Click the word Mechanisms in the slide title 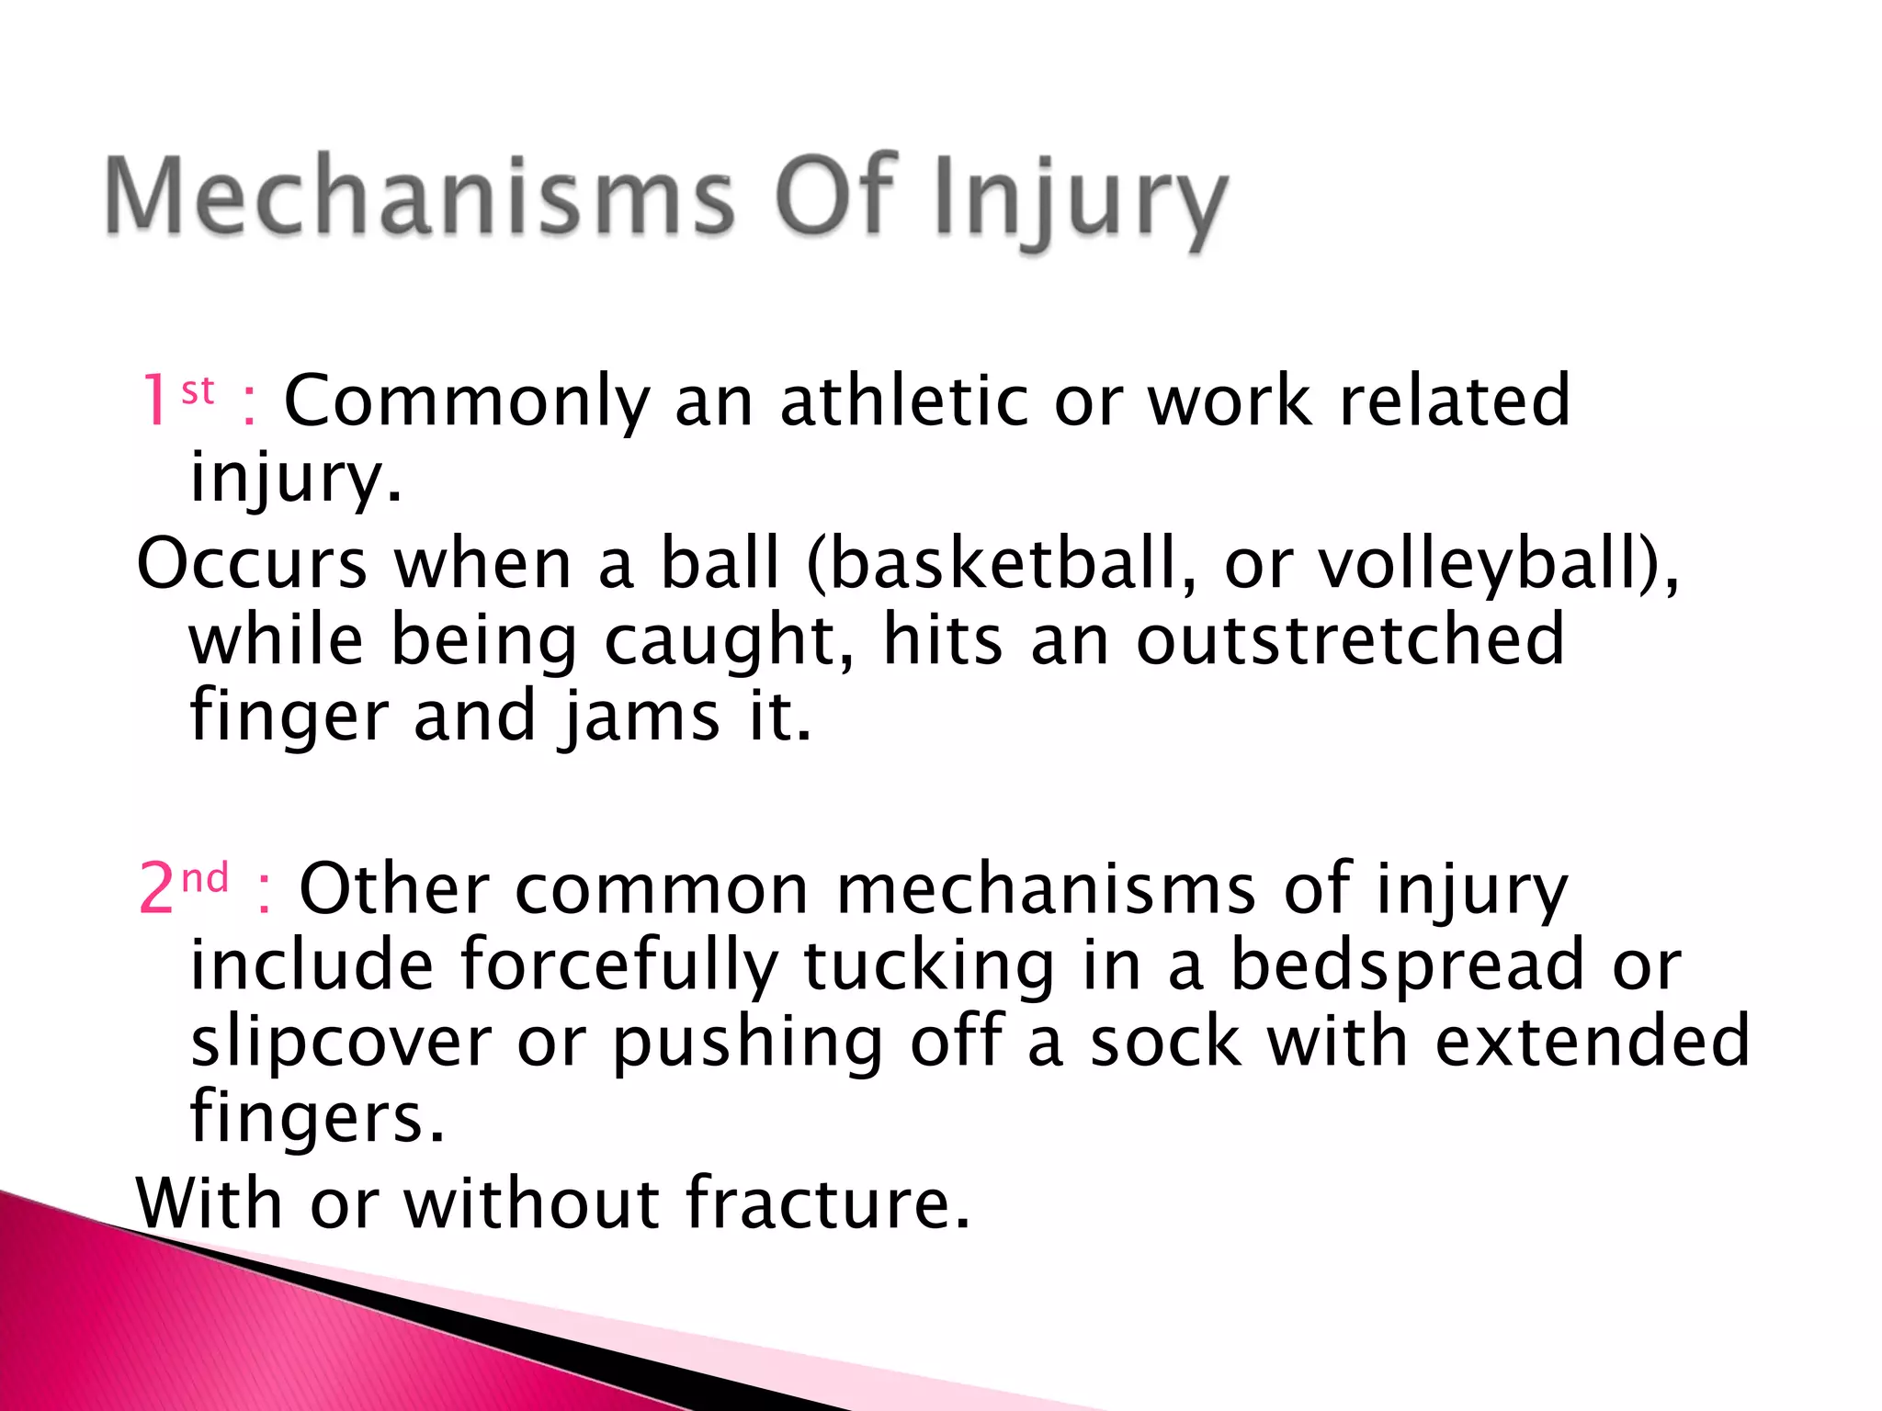pyautogui.click(x=418, y=196)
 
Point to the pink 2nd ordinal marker pyautogui.click(x=183, y=887)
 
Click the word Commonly pyautogui.click(x=467, y=402)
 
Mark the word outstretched pyautogui.click(x=1350, y=638)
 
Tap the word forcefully pyautogui.click(x=619, y=965)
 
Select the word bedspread pyautogui.click(x=1407, y=965)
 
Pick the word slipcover pyautogui.click(x=341, y=1043)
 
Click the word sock pyautogui.click(x=1165, y=1043)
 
